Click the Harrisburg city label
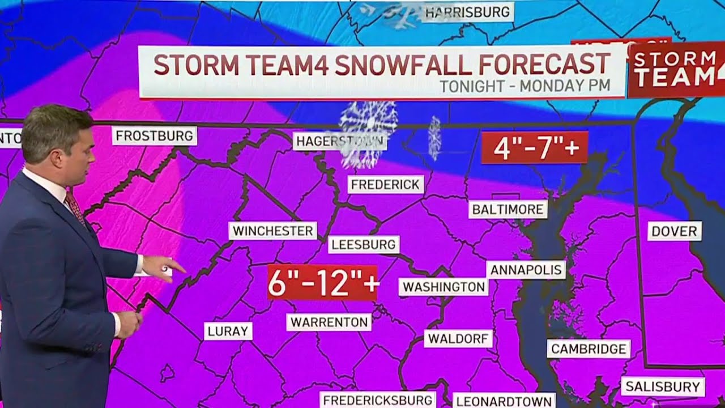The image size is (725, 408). pos(467,12)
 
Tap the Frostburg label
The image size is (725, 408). pos(154,136)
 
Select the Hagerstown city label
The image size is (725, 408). pos(339,141)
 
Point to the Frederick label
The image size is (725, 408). pos(385,184)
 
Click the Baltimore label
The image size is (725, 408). pos(508,209)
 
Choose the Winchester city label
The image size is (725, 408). pos(273,231)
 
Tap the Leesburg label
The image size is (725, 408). pos(364,245)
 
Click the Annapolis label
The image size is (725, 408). pos(526,270)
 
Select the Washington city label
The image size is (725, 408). pos(444,287)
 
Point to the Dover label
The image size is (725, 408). pos(674,231)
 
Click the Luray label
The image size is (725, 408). pos(228,331)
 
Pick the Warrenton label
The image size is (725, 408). pos(329,322)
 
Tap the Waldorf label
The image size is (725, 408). pos(458,339)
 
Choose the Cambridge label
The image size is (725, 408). pos(588,348)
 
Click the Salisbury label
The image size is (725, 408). pos(663,387)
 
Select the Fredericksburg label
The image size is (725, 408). pos(378,400)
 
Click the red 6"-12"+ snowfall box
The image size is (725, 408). pos(322,282)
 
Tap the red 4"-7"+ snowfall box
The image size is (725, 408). pos(534,148)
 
